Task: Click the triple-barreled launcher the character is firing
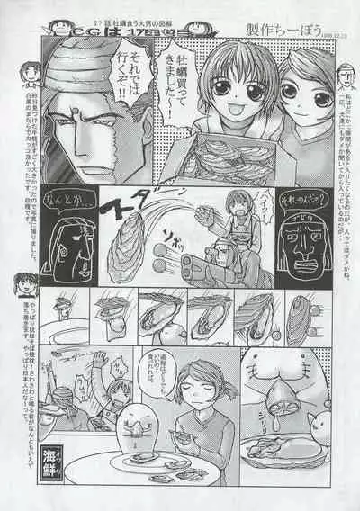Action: [x=199, y=264]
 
